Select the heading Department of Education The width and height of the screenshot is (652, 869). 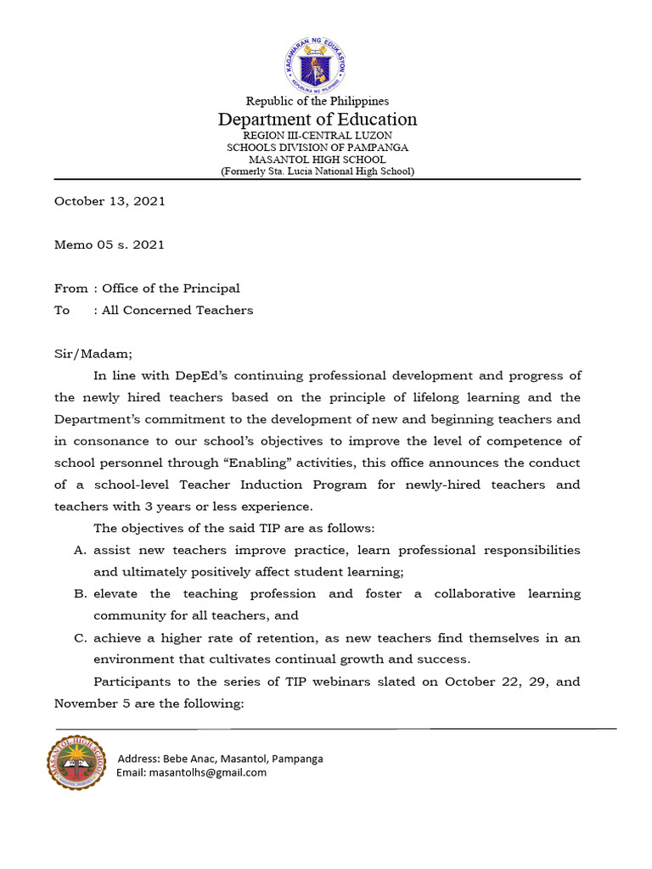click(318, 119)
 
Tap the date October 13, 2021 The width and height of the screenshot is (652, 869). click(110, 201)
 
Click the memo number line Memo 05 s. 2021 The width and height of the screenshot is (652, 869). click(110, 244)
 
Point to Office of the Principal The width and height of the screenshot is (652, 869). click(171, 289)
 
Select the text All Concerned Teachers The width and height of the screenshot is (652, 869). click(177, 310)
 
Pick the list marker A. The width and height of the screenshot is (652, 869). click(81, 550)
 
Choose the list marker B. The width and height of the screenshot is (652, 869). click(81, 594)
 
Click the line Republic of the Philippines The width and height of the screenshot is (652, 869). click(318, 101)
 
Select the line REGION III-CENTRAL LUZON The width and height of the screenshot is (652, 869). click(318, 136)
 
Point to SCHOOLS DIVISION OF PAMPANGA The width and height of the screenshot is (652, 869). click(318, 148)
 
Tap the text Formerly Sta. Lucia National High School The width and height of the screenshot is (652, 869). click(318, 171)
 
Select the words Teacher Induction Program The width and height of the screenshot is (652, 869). click(295, 485)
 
